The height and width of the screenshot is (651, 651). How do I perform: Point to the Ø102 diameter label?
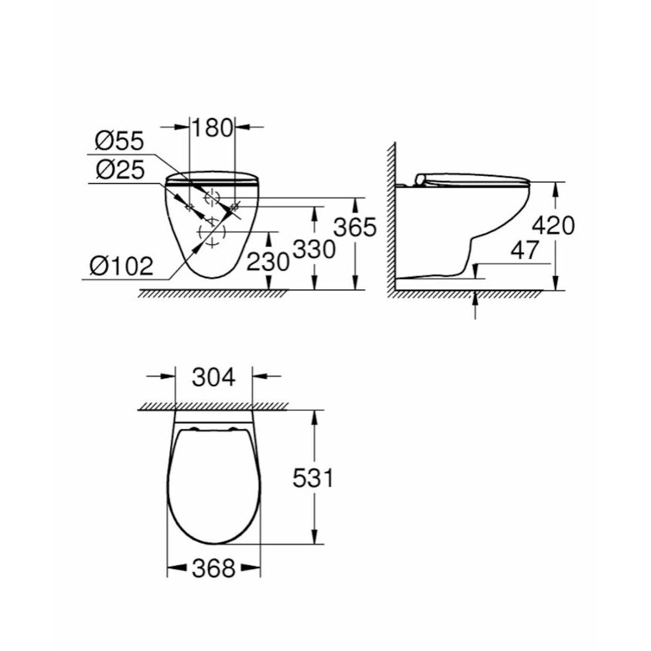tap(122, 266)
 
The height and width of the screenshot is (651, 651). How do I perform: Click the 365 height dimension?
tap(355, 227)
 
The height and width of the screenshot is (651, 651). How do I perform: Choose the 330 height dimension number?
tap(314, 250)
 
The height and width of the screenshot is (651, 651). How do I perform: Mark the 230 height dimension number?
tap(268, 261)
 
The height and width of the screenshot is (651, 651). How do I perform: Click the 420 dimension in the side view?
tap(553, 226)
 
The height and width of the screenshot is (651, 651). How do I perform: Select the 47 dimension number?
tap(524, 251)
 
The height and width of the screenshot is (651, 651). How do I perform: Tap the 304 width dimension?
tap(214, 377)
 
